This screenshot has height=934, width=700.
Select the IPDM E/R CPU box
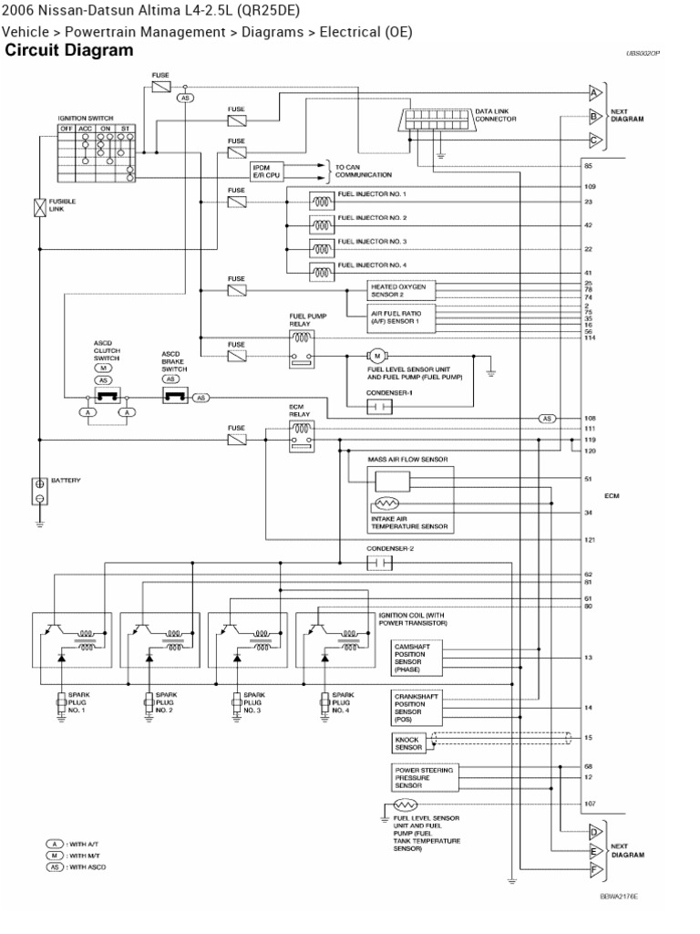pyautogui.click(x=264, y=171)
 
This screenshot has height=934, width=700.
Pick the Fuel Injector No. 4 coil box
pyautogui.click(x=322, y=270)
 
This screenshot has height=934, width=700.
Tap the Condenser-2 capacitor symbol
pyautogui.click(x=378, y=564)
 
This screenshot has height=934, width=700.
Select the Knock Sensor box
pyautogui.click(x=408, y=742)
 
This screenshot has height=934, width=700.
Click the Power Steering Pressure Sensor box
pyautogui.click(x=422, y=776)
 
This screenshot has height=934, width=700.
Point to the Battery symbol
pyautogui.click(x=40, y=491)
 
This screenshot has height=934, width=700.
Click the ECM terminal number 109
pyautogui.click(x=589, y=186)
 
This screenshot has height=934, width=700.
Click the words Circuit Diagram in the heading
pyautogui.click(x=69, y=51)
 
